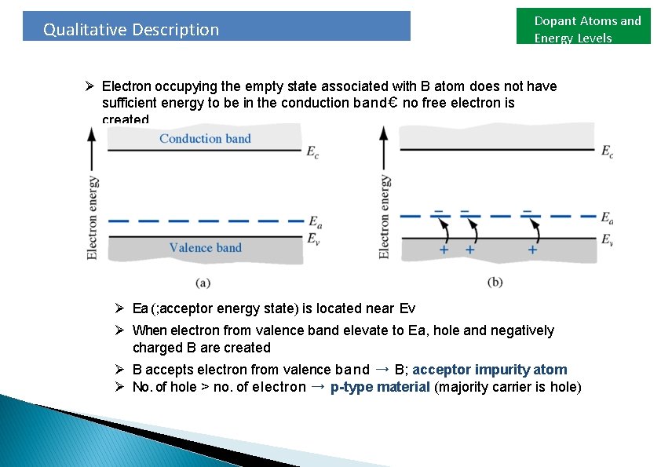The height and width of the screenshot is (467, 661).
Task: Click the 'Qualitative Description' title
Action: coord(131,30)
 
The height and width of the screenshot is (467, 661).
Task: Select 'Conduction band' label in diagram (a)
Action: coord(205,139)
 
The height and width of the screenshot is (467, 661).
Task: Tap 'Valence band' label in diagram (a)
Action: coord(205,248)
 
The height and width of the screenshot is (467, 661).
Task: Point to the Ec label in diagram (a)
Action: coord(312,151)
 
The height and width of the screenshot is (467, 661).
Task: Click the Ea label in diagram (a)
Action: coord(315,224)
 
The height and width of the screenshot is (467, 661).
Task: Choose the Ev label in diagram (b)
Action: coord(607,240)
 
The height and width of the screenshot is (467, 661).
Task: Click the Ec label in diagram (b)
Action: coord(607,151)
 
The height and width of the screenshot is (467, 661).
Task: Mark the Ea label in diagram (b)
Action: coord(607,218)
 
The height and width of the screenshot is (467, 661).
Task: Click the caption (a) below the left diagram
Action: coord(202,282)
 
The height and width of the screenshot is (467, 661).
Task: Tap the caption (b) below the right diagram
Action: coord(495,282)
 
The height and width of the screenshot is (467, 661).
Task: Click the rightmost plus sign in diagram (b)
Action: coord(532,250)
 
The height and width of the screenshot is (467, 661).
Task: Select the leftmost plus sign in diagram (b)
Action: coord(444,250)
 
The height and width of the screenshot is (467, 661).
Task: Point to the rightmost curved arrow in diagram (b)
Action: coord(535,231)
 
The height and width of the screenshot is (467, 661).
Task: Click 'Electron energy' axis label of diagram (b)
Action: coord(385,217)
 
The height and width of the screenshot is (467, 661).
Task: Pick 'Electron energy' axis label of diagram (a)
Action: coord(93,218)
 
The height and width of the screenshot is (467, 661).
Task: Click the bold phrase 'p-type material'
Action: coord(380,387)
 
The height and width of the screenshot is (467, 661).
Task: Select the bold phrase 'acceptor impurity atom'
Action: coord(490,370)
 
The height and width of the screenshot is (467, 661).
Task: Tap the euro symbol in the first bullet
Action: coord(394,103)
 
